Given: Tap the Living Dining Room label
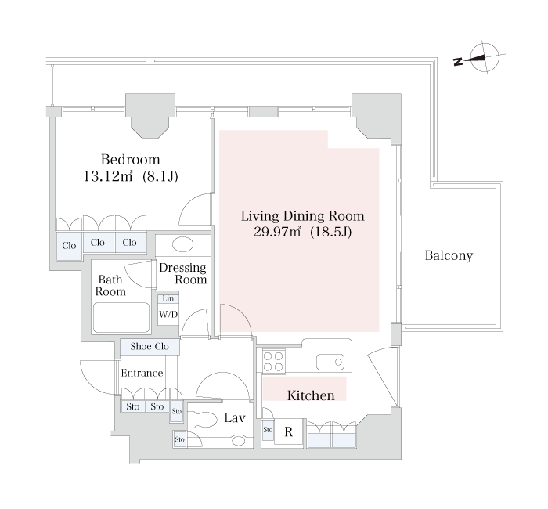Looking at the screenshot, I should click(302, 215).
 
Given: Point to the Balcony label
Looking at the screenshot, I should click(449, 256).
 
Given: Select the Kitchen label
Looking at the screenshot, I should click(311, 395).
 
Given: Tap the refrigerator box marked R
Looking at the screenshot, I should click(288, 431).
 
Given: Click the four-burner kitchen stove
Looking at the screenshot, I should click(273, 361).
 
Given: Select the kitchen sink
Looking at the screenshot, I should click(330, 362).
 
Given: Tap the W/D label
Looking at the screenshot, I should click(168, 315).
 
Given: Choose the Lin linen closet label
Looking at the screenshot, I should click(168, 299).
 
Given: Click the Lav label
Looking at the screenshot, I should click(235, 418).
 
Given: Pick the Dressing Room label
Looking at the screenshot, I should click(182, 273).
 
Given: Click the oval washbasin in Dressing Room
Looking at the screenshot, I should click(182, 244).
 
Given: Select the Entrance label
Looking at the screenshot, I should click(142, 373).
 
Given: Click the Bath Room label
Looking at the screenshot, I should click(110, 284).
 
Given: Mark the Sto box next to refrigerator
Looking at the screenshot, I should click(268, 430).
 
